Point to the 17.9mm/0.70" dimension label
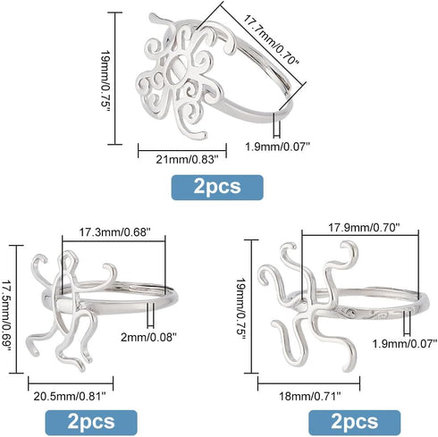click(x=364, y=228)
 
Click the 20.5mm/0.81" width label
click(x=70, y=397)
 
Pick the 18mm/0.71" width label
click(x=309, y=396)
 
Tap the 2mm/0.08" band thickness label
click(x=148, y=337)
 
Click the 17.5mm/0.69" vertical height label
click(x=6, y=310)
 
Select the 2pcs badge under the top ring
click(x=217, y=187)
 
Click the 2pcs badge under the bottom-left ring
click(x=91, y=423)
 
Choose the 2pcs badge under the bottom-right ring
click(x=355, y=423)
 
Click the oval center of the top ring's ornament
click(x=178, y=71)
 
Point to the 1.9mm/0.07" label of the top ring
click(x=278, y=147)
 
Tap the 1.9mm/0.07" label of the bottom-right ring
click(x=405, y=343)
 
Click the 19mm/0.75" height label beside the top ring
click(x=105, y=79)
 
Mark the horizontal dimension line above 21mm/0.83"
click(x=182, y=150)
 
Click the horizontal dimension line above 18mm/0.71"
click(x=308, y=383)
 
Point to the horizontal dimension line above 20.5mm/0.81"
click(x=71, y=383)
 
